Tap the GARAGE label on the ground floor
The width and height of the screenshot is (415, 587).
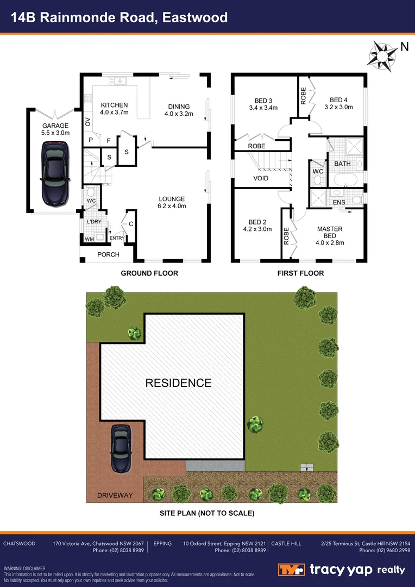(x=55, y=126)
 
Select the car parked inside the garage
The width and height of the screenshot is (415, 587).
(x=55, y=174)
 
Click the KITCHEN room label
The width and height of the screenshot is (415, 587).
(x=114, y=105)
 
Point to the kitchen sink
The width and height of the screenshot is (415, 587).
(x=117, y=82)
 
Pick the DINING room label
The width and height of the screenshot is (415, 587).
(x=179, y=107)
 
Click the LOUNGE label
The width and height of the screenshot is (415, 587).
(x=172, y=199)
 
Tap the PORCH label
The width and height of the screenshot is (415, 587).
(x=108, y=255)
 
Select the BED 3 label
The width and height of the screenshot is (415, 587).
(x=262, y=100)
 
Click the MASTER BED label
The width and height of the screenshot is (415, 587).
(x=330, y=229)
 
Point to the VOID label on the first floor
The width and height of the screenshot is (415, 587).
(x=261, y=178)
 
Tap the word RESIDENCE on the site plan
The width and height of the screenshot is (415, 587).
(x=178, y=383)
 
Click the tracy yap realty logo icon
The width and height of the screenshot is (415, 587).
(x=292, y=570)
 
